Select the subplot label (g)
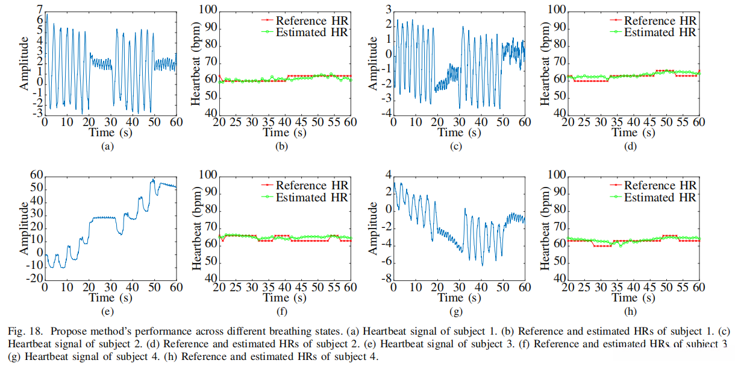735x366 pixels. point(455,311)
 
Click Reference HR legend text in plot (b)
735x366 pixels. point(312,21)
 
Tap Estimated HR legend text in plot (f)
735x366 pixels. point(312,197)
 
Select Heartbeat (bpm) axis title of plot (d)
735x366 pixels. point(546,62)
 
